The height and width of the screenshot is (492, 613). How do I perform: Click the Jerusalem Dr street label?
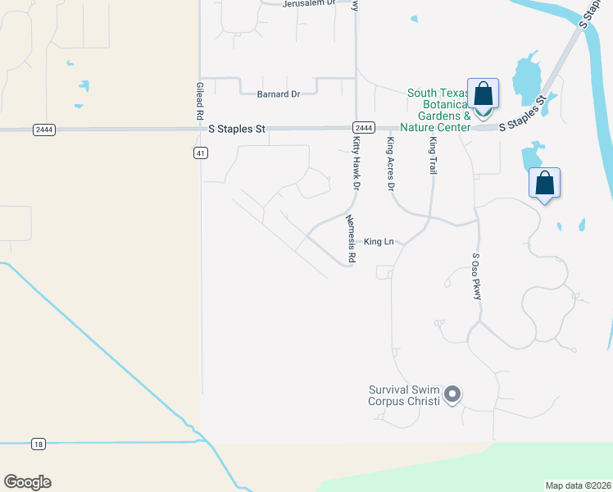tap(309, 3)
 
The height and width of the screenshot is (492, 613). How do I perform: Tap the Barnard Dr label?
tap(279, 94)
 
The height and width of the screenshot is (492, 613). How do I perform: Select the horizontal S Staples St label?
tap(238, 129)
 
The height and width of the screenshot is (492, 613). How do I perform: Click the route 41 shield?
tap(200, 153)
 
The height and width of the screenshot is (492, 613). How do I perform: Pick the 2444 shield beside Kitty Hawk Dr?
tap(364, 128)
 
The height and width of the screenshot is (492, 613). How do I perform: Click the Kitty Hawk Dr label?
tap(356, 163)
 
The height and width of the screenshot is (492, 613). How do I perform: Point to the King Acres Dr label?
tap(391, 165)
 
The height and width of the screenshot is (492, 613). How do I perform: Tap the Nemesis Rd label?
tap(351, 239)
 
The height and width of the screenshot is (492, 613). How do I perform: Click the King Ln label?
tap(379, 241)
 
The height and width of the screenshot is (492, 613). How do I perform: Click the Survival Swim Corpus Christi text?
tap(404, 396)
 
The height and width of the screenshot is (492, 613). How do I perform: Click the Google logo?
tap(27, 482)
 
